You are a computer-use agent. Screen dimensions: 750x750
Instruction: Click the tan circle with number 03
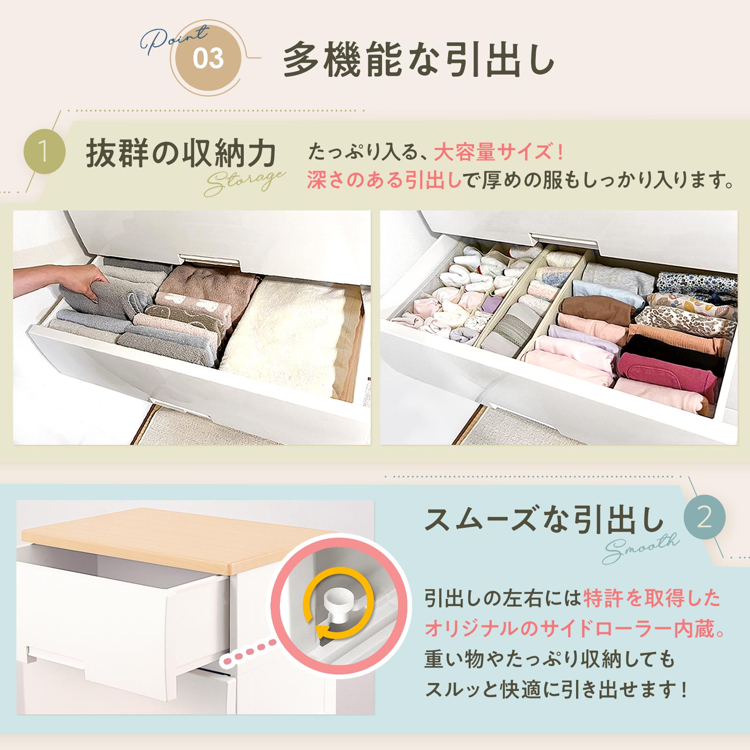[208, 59]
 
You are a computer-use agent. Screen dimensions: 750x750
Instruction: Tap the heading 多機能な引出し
[419, 60]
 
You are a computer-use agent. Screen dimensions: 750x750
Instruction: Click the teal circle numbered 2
[704, 517]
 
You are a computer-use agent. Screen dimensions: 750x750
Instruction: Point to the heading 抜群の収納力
[181, 153]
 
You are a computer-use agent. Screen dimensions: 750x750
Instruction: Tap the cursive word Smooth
[640, 548]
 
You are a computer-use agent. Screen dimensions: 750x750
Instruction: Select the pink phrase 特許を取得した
[652, 599]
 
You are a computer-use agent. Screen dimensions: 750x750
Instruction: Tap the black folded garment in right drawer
[675, 349]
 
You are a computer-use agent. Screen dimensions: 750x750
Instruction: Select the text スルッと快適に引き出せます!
[556, 690]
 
